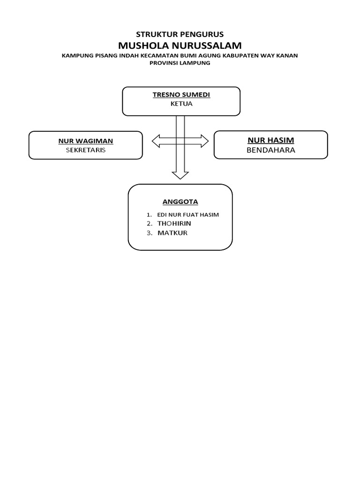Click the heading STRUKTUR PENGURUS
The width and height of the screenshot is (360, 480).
(180, 34)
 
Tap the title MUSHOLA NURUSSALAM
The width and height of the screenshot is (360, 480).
(180, 45)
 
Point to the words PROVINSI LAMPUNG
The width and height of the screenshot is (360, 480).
(180, 63)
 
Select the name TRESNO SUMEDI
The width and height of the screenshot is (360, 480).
(181, 95)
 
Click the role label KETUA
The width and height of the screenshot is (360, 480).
(181, 104)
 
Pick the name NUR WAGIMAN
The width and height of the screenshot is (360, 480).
(85, 141)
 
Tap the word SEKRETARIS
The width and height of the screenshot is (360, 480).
(85, 150)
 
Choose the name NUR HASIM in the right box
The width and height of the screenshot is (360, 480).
(270, 140)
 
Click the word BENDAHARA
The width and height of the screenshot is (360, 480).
(270, 150)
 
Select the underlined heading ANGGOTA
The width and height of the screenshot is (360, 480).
(180, 202)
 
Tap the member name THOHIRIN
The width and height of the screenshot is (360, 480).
(174, 224)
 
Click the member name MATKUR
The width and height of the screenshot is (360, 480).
(172, 232)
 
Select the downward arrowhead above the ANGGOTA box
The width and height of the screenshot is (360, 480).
(180, 175)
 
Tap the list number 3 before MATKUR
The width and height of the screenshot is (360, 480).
(149, 232)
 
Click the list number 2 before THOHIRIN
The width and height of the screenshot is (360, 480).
(149, 224)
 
